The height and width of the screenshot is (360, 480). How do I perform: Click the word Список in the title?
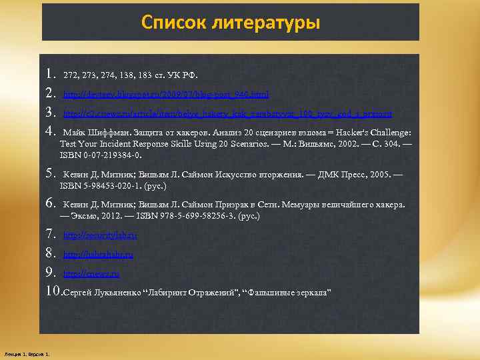[171, 23]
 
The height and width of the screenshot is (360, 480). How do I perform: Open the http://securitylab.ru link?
[100, 235]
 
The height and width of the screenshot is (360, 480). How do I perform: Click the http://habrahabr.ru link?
[98, 255]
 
